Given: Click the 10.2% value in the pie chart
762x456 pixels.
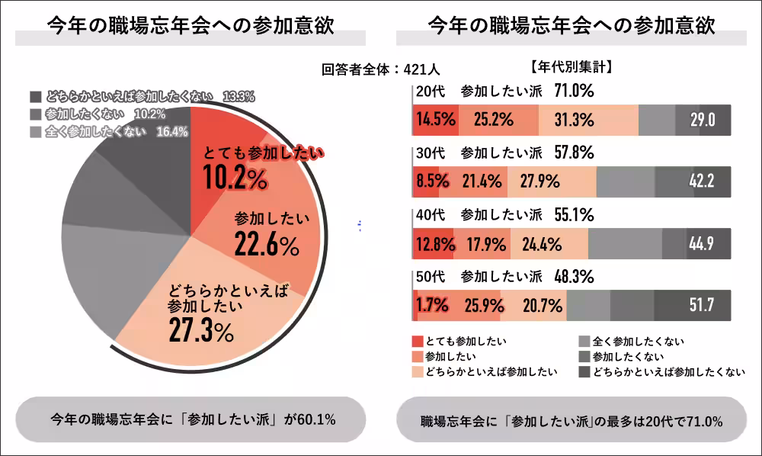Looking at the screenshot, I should click(235, 178).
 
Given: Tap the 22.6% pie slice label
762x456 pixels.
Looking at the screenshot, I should click(267, 245).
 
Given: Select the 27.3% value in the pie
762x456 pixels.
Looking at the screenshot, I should click(201, 331).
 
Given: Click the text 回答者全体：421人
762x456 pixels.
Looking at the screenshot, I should click(376, 69).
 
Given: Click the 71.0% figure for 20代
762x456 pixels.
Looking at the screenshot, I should click(574, 91).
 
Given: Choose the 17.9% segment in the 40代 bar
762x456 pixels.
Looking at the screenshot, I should click(482, 244).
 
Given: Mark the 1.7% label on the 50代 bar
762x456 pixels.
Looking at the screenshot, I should click(432, 306).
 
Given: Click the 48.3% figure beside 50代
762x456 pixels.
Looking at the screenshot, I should click(574, 276).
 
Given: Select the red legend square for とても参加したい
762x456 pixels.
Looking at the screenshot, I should click(417, 341).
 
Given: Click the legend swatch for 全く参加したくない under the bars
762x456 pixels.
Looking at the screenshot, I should click(584, 341).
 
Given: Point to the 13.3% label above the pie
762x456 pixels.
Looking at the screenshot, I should click(239, 97).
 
